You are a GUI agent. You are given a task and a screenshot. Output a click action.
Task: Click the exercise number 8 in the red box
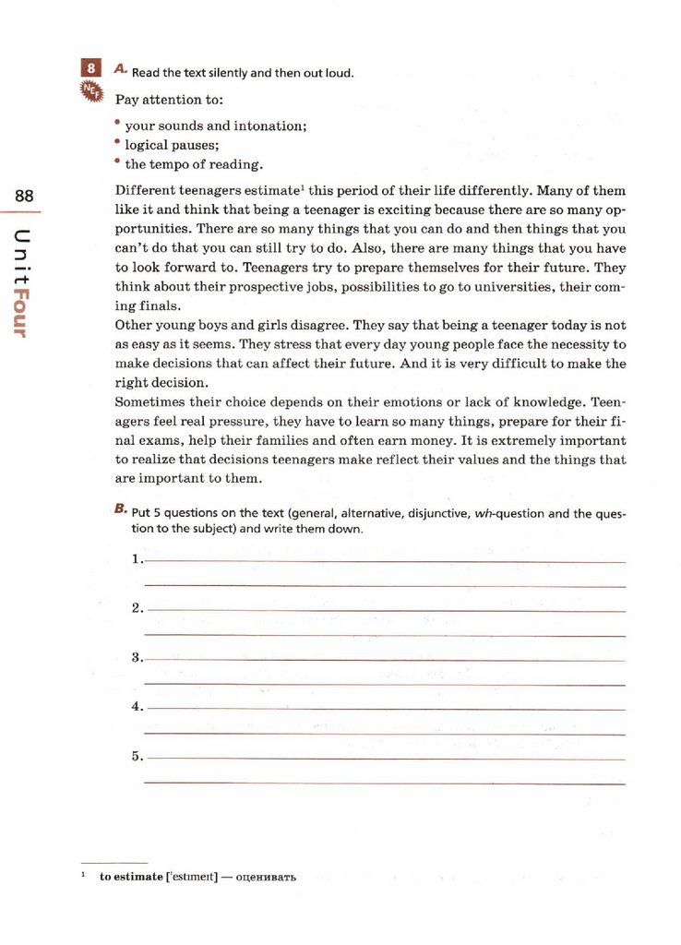[90, 68]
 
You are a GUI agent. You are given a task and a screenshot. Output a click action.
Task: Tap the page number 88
[24, 196]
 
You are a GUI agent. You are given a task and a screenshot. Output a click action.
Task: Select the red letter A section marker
[120, 68]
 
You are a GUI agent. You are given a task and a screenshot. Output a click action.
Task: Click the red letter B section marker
[120, 508]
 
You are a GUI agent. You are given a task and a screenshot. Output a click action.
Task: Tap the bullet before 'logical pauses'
[118, 142]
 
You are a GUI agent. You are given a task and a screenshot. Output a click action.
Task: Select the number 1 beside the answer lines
[137, 558]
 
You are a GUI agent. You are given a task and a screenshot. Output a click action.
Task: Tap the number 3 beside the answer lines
[137, 657]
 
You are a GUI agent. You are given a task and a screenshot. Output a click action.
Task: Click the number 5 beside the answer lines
[137, 756]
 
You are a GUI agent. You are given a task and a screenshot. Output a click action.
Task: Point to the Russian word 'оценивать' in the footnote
[266, 876]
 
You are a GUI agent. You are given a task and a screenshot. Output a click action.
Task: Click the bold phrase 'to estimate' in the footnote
[131, 876]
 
